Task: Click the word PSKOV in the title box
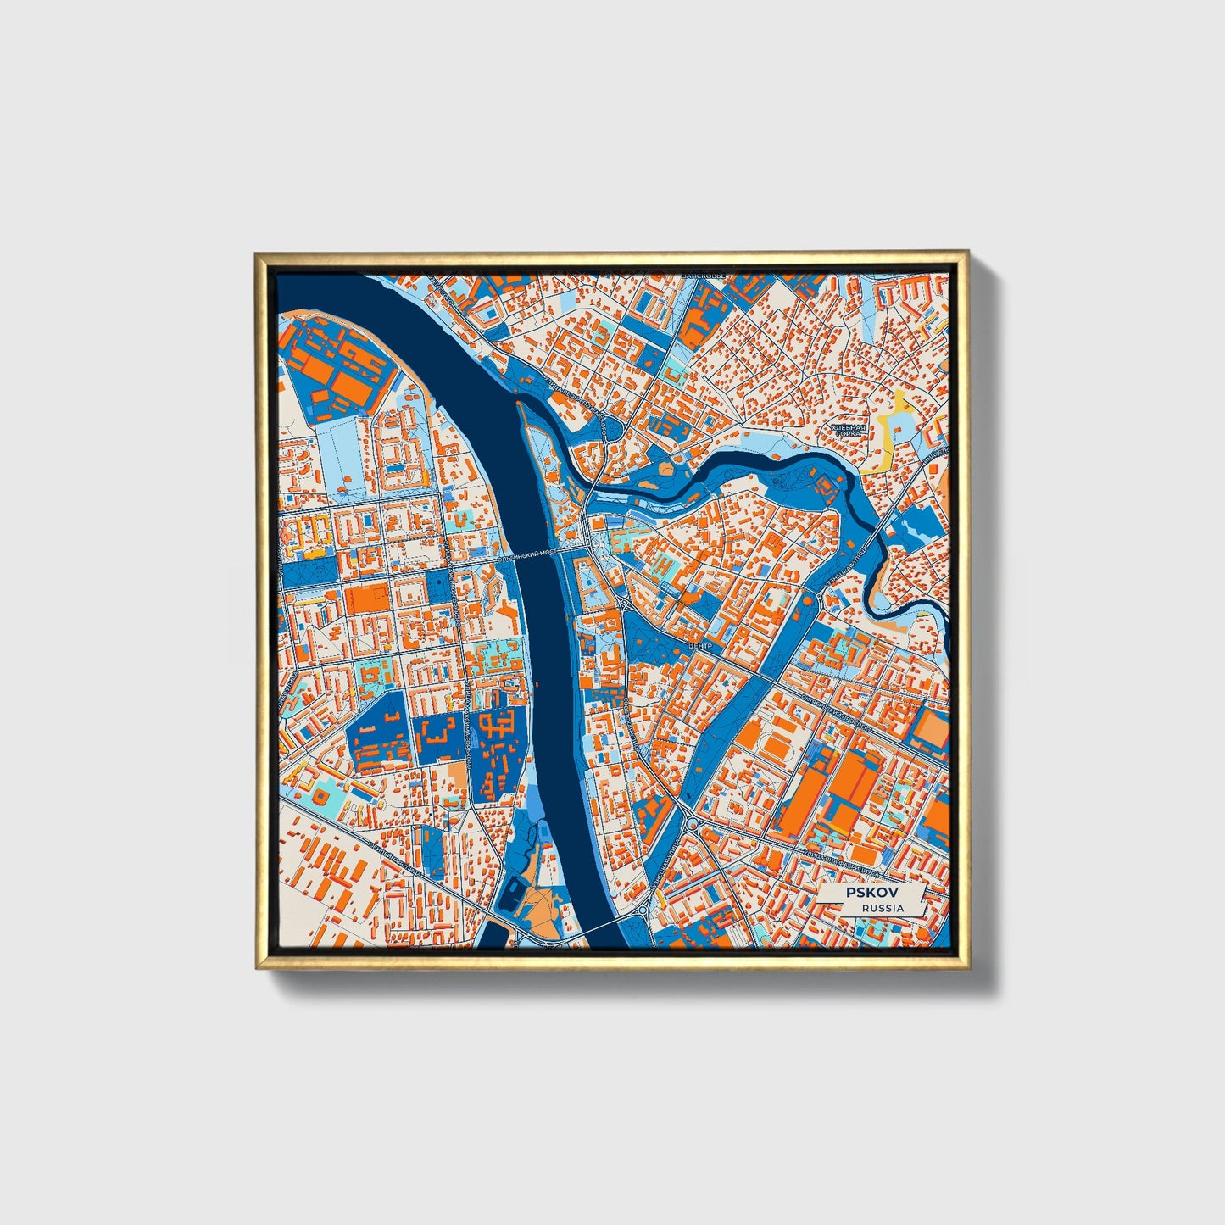pyautogui.click(x=871, y=894)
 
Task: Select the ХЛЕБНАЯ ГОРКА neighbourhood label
pyautogui.click(x=848, y=433)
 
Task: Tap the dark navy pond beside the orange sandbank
pyautogui.click(x=513, y=893)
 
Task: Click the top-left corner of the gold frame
pyautogui.click(x=257, y=253)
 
